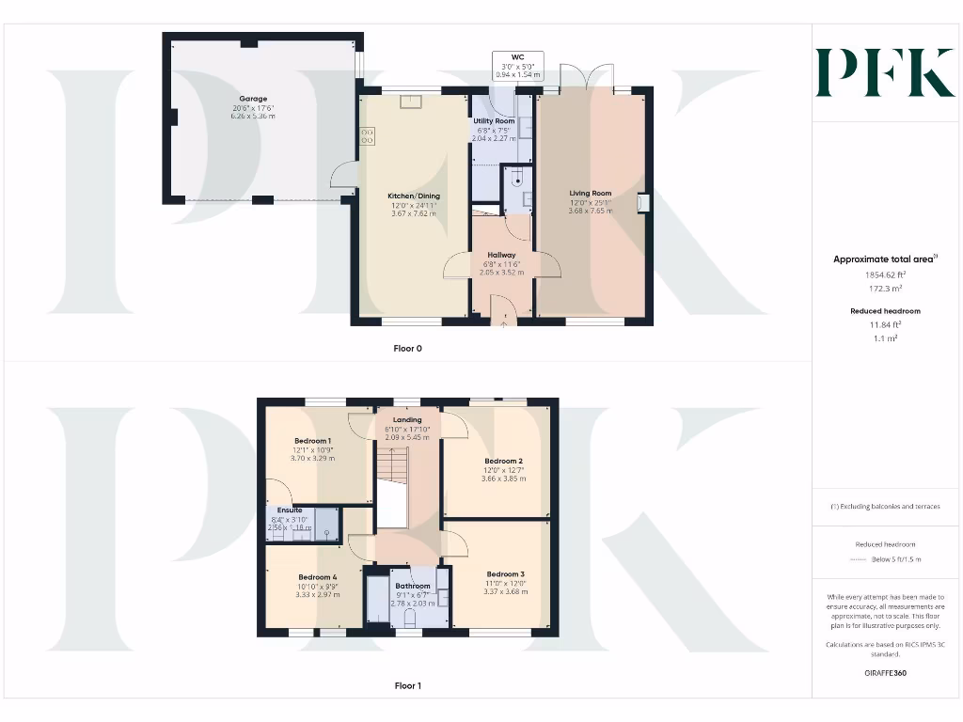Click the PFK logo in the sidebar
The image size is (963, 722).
click(885, 73)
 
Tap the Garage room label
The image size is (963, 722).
click(252, 99)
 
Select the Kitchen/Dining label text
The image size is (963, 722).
click(414, 196)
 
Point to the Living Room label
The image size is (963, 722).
click(590, 194)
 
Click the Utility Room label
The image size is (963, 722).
click(493, 121)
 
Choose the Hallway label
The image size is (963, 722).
click(501, 255)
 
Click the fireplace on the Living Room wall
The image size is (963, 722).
click(643, 203)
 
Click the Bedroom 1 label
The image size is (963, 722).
click(311, 441)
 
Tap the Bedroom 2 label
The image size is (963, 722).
click(503, 461)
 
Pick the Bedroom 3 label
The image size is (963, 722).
click(505, 573)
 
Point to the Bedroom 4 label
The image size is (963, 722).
click(317, 577)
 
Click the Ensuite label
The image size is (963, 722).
click(290, 510)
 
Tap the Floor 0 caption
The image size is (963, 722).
click(407, 348)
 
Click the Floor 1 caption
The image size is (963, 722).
click(407, 685)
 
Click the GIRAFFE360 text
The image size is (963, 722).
click(884, 673)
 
